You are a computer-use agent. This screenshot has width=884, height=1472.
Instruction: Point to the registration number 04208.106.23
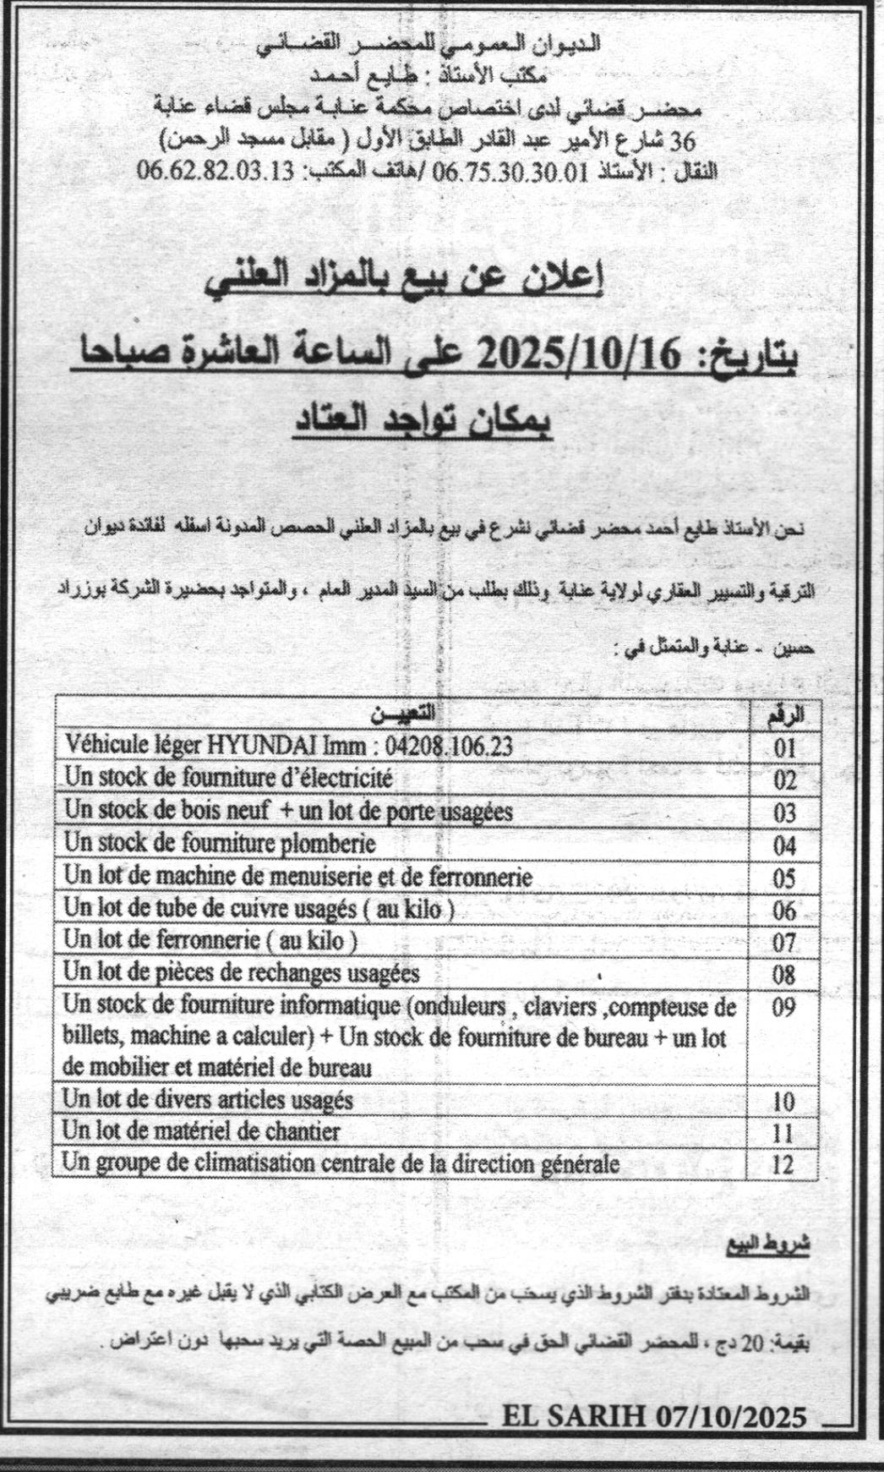click(448, 746)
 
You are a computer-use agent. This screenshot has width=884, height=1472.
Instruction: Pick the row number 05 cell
click(783, 878)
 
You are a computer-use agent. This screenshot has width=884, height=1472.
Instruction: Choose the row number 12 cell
click(783, 1164)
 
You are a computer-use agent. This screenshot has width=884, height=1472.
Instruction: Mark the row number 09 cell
click(783, 1009)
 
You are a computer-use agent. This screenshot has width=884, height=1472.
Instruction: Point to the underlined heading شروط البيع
click(768, 1245)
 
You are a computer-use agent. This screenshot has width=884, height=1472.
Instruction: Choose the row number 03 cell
click(783, 813)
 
